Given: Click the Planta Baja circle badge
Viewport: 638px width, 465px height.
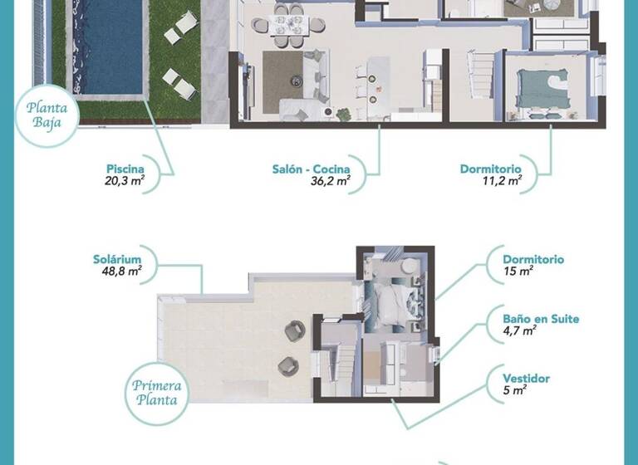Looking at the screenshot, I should click(x=47, y=117).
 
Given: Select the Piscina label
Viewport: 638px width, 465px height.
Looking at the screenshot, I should click(x=125, y=169).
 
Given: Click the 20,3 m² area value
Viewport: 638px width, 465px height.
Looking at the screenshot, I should click(x=123, y=182).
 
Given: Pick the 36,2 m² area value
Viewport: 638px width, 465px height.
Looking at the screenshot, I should click(x=330, y=182).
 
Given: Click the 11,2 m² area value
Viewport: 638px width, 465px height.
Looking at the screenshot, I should click(x=503, y=182).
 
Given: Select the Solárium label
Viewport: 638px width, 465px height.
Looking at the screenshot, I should click(x=116, y=259).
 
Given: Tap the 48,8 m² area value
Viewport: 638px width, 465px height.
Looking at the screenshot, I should click(x=117, y=271).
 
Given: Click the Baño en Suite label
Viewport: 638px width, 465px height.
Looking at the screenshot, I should click(x=541, y=319).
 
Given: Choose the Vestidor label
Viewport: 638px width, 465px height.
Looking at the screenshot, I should click(x=527, y=379).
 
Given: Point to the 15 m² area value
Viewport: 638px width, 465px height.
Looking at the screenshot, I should click(x=518, y=271).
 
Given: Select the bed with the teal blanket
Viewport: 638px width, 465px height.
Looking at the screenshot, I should click(x=542, y=84).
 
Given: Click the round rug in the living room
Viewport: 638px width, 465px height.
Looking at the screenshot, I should click(x=297, y=81).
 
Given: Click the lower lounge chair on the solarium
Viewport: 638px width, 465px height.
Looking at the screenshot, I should click(x=287, y=365).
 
